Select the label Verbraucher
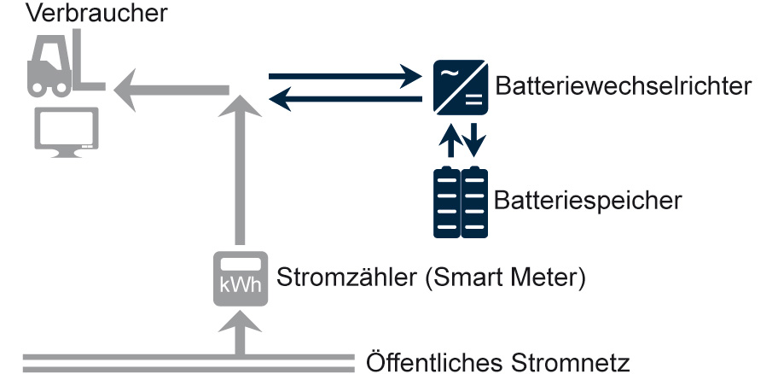coord(86,14)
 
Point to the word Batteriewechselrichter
coord(623,87)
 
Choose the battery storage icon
coord(461,202)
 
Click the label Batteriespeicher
coord(588,202)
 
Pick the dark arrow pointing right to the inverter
coord(345,78)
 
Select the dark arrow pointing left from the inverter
coord(345,100)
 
